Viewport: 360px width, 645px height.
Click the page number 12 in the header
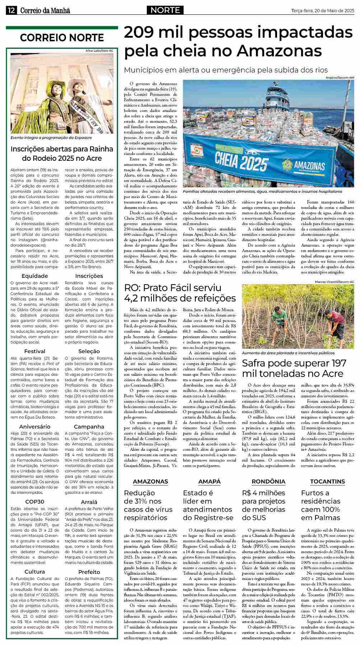(x=11, y=10)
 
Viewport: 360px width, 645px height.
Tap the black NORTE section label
(x=165, y=10)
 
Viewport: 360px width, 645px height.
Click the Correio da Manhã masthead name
(x=45, y=11)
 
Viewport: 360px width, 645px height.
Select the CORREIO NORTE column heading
(x=62, y=38)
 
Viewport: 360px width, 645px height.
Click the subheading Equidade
(x=35, y=276)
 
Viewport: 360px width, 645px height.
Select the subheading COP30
(x=35, y=501)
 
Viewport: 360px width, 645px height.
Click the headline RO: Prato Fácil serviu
(x=173, y=288)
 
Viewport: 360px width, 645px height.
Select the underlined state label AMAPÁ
(x=209, y=481)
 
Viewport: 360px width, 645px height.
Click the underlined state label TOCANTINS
(x=327, y=481)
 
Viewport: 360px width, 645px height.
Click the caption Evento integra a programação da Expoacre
(x=51, y=137)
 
